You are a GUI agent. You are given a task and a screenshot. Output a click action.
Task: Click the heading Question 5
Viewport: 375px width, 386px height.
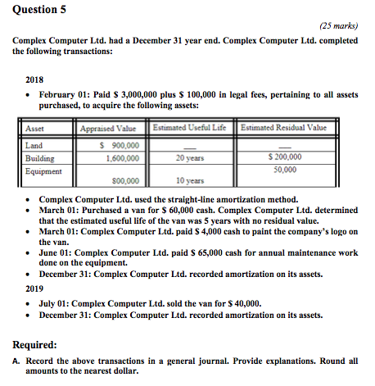39,10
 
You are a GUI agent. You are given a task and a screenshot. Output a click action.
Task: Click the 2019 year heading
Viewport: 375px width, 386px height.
35,288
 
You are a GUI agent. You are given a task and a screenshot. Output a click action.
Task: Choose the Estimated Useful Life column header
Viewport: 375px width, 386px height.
191,127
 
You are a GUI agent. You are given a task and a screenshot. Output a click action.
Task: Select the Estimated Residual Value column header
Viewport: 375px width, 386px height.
283,127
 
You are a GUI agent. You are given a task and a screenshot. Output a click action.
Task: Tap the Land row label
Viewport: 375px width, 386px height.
35,146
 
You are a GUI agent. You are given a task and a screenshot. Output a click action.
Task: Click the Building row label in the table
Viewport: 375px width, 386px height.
40,159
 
